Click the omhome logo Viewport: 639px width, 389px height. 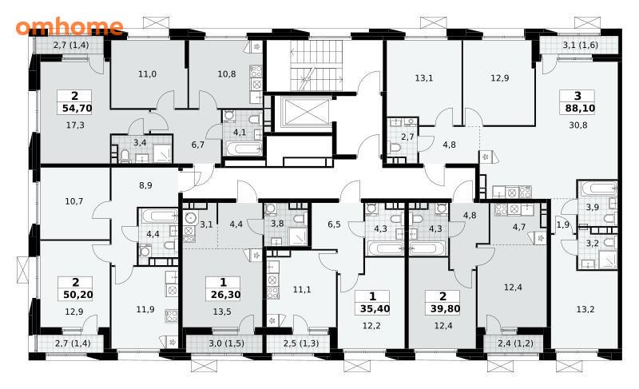pos(69,26)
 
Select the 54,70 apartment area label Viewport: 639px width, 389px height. pos(77,109)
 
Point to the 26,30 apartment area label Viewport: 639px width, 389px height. pos(225,295)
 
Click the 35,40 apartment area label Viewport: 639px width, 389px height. pos(375,309)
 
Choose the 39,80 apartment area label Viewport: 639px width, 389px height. pos(445,309)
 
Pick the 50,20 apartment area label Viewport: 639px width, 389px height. pos(77,295)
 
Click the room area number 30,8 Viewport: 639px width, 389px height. pos(578,125)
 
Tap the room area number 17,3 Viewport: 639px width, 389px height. pos(75,125)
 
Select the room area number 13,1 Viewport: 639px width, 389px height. pos(424,77)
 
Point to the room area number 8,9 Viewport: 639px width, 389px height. pos(145,185)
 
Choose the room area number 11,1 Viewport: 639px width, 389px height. pos(302,290)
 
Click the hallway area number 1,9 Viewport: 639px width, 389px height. pos(563,224)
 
